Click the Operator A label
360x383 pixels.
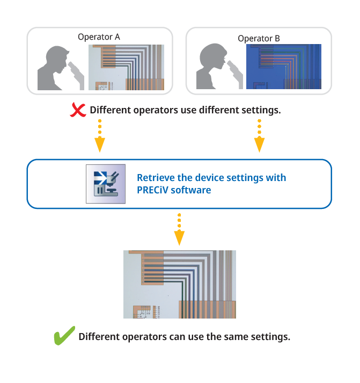click(x=99, y=37)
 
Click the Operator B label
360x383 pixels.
click(x=259, y=39)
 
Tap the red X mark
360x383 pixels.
click(x=79, y=110)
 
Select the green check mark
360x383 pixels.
click(x=64, y=337)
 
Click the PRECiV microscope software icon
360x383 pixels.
click(x=105, y=184)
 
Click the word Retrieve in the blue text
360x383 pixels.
click(x=155, y=178)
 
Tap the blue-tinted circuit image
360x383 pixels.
click(x=283, y=67)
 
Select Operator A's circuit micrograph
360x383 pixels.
click(x=126, y=67)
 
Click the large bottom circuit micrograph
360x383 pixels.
click(x=179, y=284)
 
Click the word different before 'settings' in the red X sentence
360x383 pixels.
click(x=218, y=111)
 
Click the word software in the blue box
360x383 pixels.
click(x=190, y=190)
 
